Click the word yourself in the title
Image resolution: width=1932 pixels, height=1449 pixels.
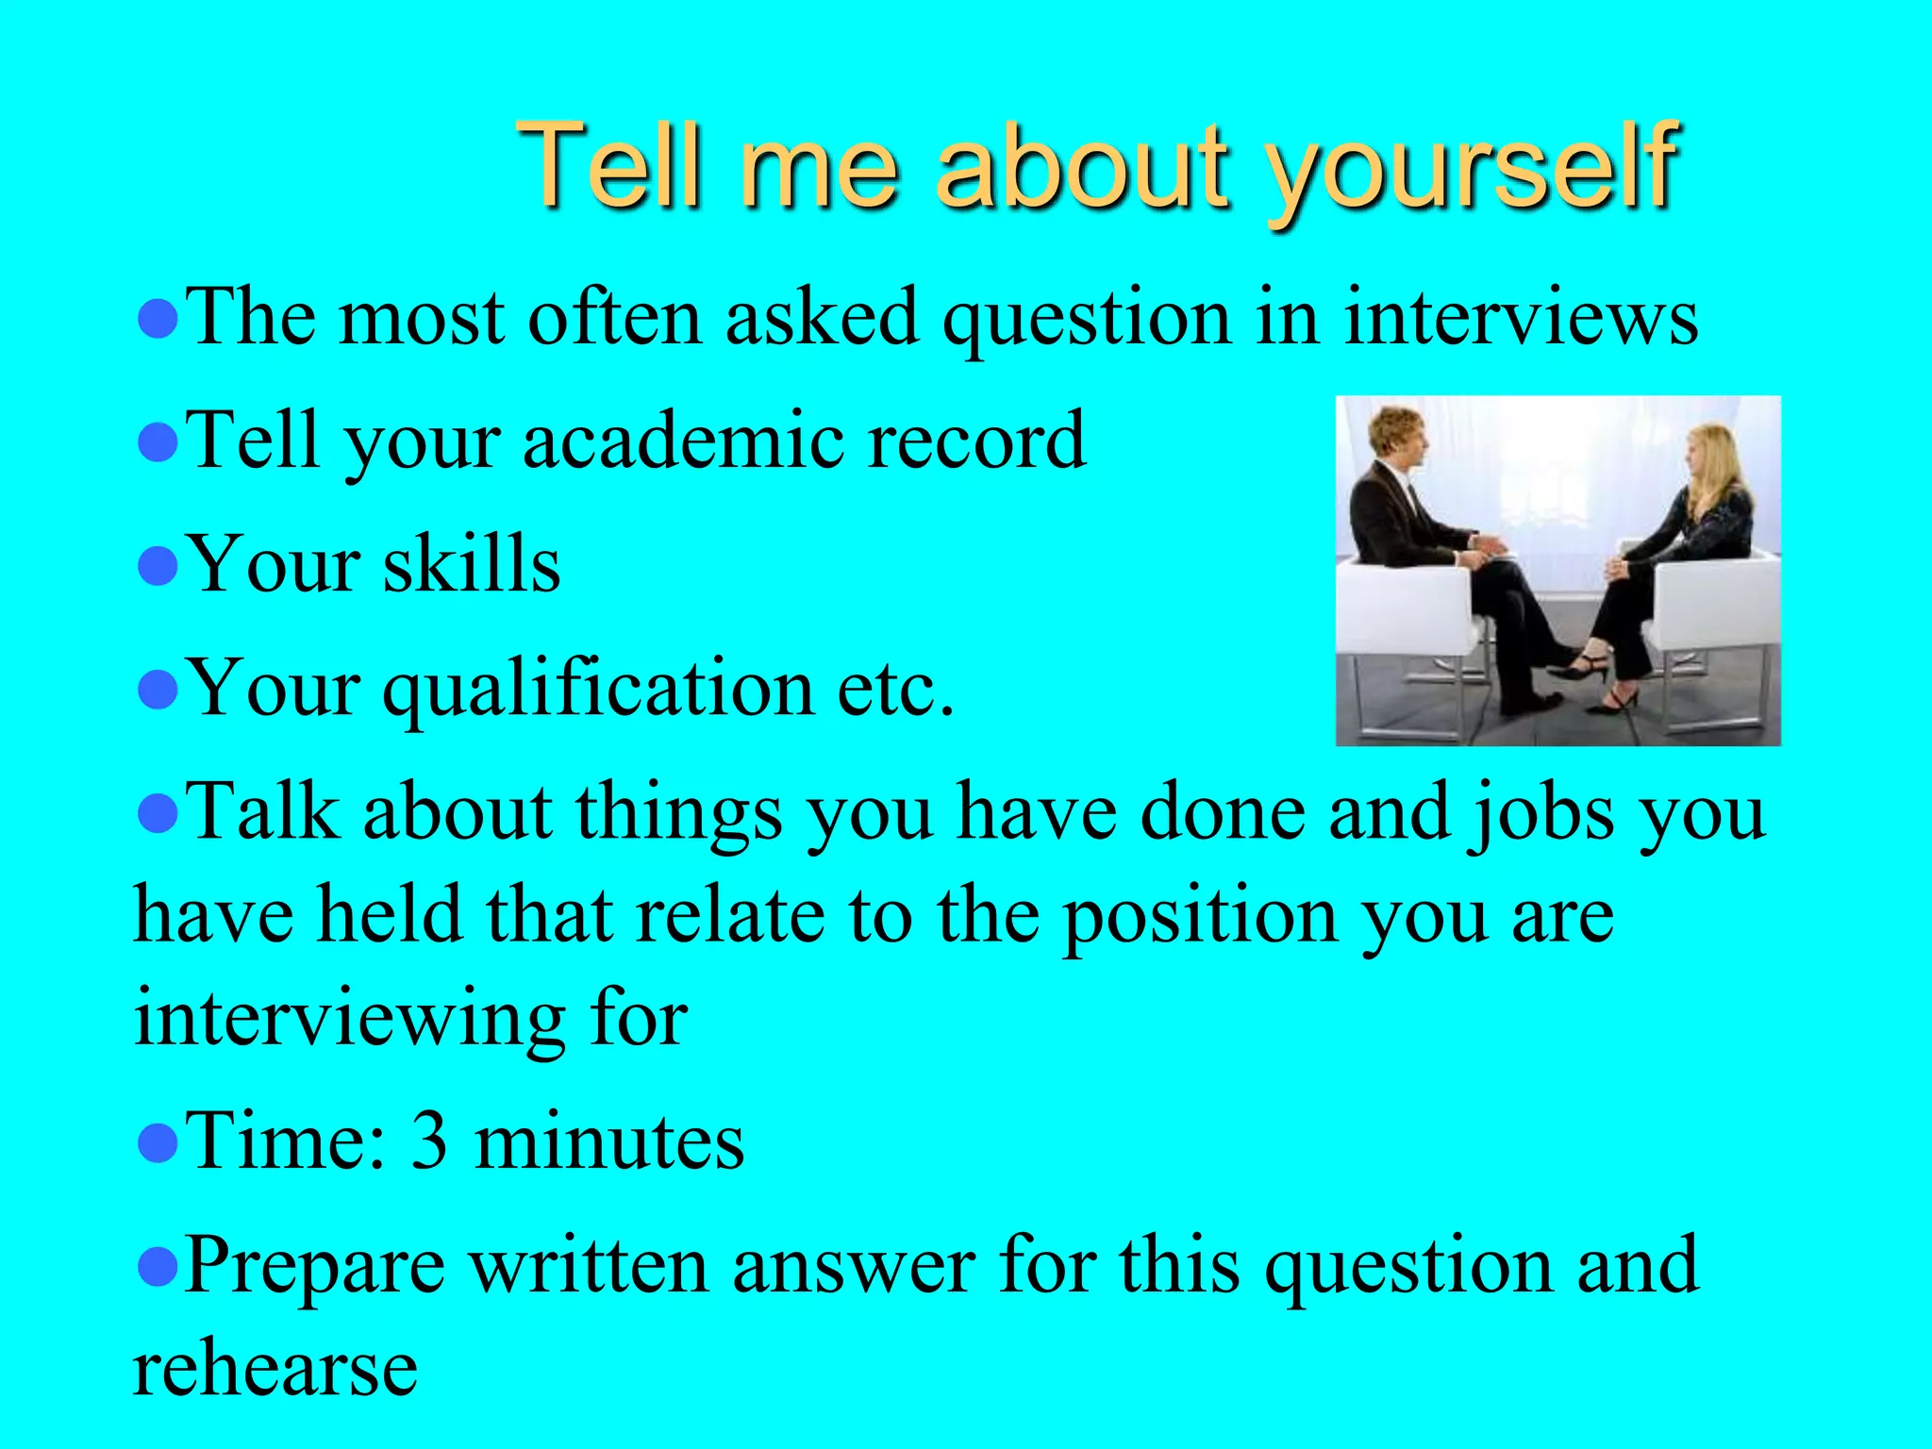pyautogui.click(x=1472, y=170)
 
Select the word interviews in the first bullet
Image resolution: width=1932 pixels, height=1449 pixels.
pyautogui.click(x=1521, y=318)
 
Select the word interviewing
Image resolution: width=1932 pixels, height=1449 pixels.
pyautogui.click(x=349, y=1021)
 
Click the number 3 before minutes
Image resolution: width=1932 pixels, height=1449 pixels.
pyautogui.click(x=430, y=1141)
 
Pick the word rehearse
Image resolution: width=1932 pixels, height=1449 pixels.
pyautogui.click(x=275, y=1370)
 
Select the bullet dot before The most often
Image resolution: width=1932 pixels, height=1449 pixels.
pyautogui.click(x=158, y=321)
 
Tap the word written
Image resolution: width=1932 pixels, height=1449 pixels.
pyautogui.click(x=589, y=1266)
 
